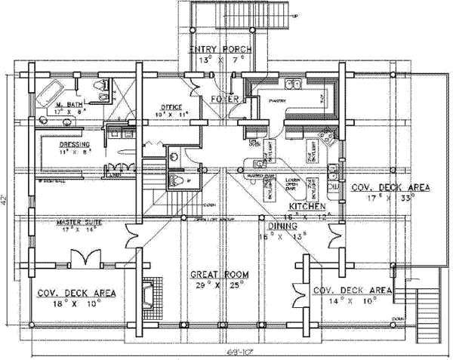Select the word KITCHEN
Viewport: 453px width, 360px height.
coord(307,205)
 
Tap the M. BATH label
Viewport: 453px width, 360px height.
coord(67,104)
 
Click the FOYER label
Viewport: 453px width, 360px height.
coord(224,99)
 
